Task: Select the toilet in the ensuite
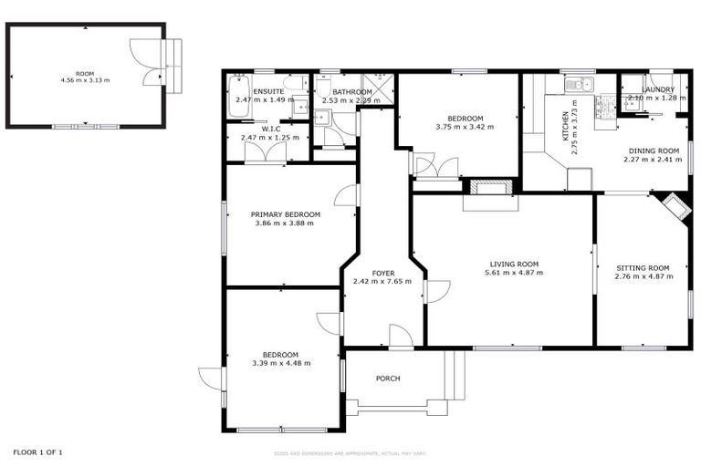tap(300, 107)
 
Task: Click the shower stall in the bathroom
tap(381, 86)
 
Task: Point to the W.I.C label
tap(270, 129)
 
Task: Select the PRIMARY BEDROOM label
tap(285, 214)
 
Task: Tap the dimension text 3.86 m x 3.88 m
tap(285, 223)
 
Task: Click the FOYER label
tap(382, 273)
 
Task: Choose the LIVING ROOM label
tap(514, 264)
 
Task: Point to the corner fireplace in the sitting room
tap(675, 206)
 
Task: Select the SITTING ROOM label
tap(642, 267)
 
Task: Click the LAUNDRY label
tap(657, 89)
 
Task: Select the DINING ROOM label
tap(654, 150)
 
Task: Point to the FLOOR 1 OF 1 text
tap(37, 451)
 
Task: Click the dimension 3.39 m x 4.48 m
tap(281, 363)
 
